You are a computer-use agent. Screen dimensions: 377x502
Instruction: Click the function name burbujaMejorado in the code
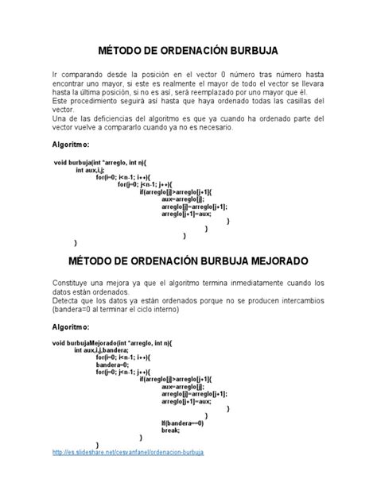[94, 342]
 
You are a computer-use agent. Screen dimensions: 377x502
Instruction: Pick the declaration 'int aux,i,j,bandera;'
[102, 349]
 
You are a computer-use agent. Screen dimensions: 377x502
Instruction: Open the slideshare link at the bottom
[127, 452]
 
